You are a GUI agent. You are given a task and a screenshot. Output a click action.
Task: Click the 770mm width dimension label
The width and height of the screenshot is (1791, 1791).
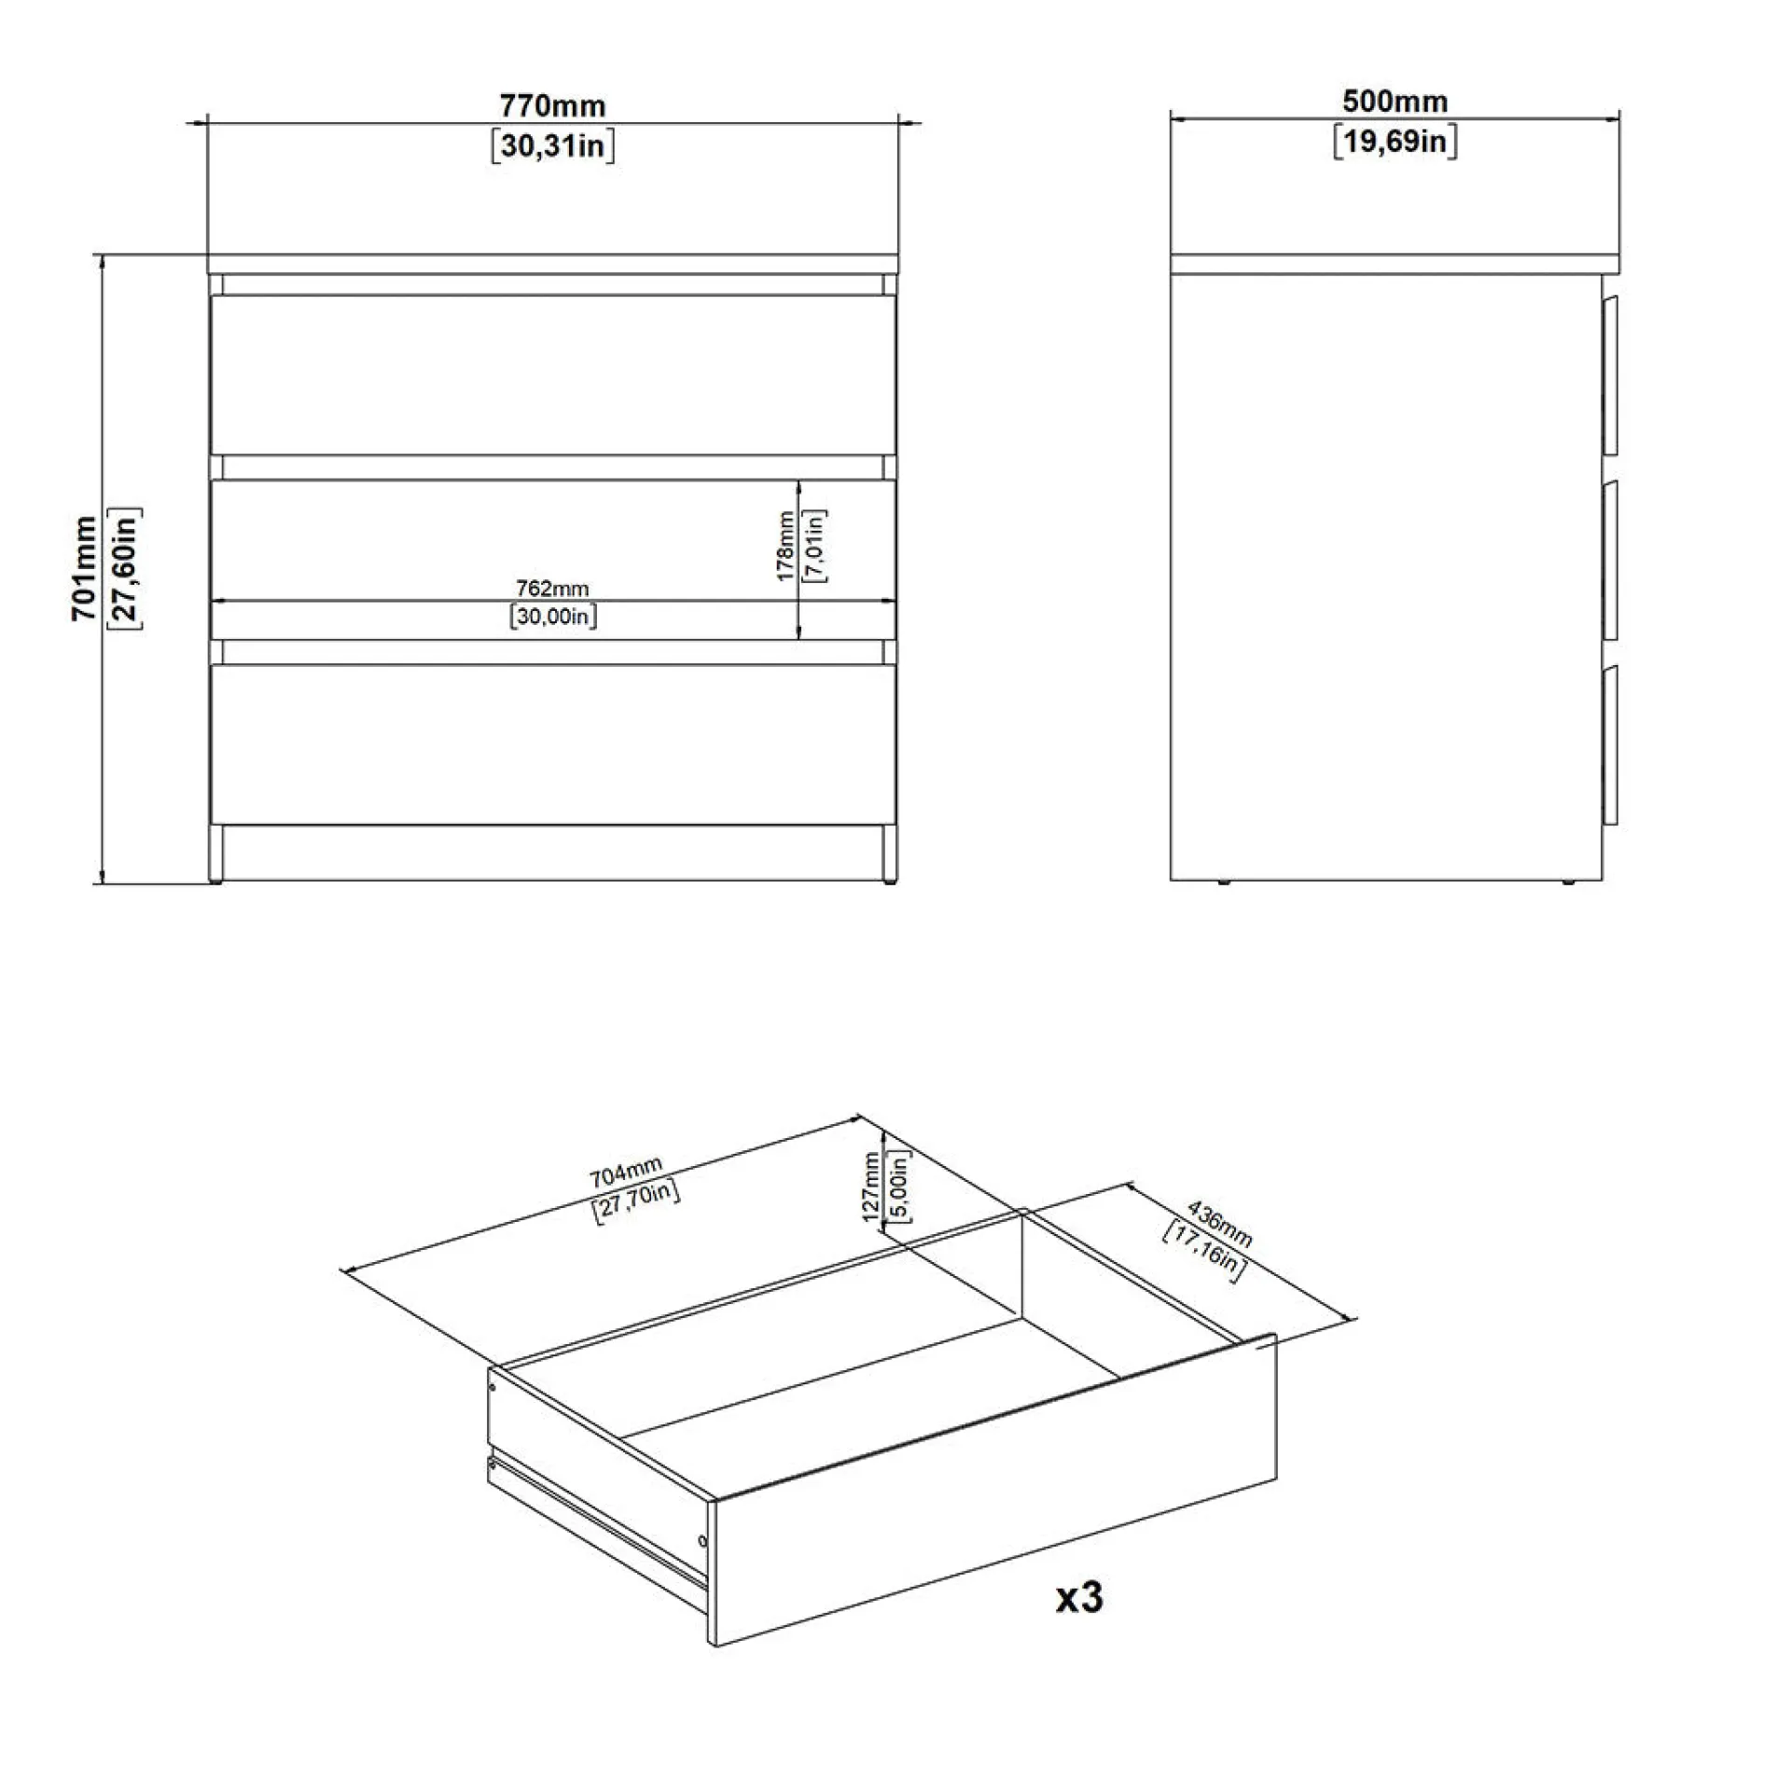[552, 105]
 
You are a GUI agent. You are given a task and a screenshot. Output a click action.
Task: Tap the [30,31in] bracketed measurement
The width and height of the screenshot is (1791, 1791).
[553, 146]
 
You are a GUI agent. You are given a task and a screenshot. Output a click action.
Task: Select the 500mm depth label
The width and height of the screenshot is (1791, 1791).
[1395, 101]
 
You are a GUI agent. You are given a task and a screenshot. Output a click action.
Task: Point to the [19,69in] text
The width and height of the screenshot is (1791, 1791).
[1395, 142]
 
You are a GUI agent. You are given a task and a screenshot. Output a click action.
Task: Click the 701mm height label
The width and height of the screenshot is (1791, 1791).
[84, 568]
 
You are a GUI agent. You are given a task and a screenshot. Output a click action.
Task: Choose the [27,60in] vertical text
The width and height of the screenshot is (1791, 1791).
[126, 569]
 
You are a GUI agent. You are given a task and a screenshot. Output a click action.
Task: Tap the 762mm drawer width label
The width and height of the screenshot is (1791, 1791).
[552, 589]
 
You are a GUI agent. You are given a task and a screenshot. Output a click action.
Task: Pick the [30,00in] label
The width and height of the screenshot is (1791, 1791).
[553, 617]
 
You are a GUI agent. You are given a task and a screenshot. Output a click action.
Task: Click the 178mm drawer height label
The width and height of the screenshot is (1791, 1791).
[785, 546]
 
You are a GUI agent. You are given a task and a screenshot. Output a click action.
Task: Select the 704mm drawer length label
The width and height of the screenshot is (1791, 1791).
[625, 1172]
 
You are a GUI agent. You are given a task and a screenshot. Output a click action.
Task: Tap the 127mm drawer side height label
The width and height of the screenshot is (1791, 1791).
[871, 1187]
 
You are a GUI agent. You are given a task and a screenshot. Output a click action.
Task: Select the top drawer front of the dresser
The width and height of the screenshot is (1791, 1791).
[553, 375]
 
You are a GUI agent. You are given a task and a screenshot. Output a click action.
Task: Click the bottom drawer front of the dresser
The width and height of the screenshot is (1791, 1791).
[553, 744]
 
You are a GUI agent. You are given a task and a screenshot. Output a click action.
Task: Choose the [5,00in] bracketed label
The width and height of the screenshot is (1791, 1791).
[899, 1187]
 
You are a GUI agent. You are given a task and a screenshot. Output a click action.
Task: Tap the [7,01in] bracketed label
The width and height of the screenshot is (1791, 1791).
[814, 547]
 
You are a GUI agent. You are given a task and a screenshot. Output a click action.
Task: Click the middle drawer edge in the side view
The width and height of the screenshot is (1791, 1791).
[1611, 561]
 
